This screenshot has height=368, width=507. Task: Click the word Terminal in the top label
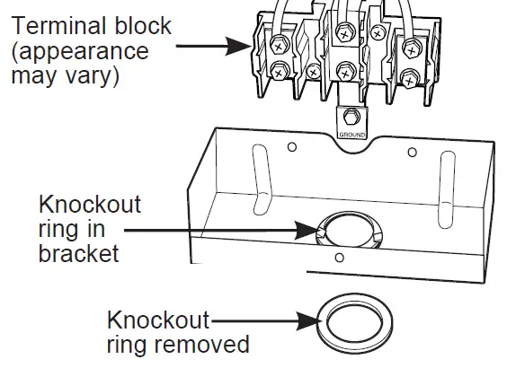(x=61, y=25)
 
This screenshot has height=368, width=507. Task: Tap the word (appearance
(x=80, y=52)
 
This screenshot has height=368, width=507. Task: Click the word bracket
(x=78, y=253)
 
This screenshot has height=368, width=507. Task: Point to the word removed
(x=201, y=344)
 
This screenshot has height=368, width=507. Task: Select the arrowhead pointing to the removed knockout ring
(x=309, y=321)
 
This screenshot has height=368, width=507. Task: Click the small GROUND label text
(x=352, y=135)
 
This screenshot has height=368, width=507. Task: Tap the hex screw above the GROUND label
(x=351, y=117)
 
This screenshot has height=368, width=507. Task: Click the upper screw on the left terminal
(x=278, y=46)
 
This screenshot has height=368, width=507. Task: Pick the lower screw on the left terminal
(x=279, y=71)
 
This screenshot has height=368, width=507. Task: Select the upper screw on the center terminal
(x=345, y=33)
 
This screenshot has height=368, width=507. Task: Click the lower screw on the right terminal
(x=409, y=79)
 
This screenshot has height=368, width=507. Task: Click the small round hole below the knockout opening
(x=340, y=258)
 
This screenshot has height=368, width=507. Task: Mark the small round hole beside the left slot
(x=292, y=147)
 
